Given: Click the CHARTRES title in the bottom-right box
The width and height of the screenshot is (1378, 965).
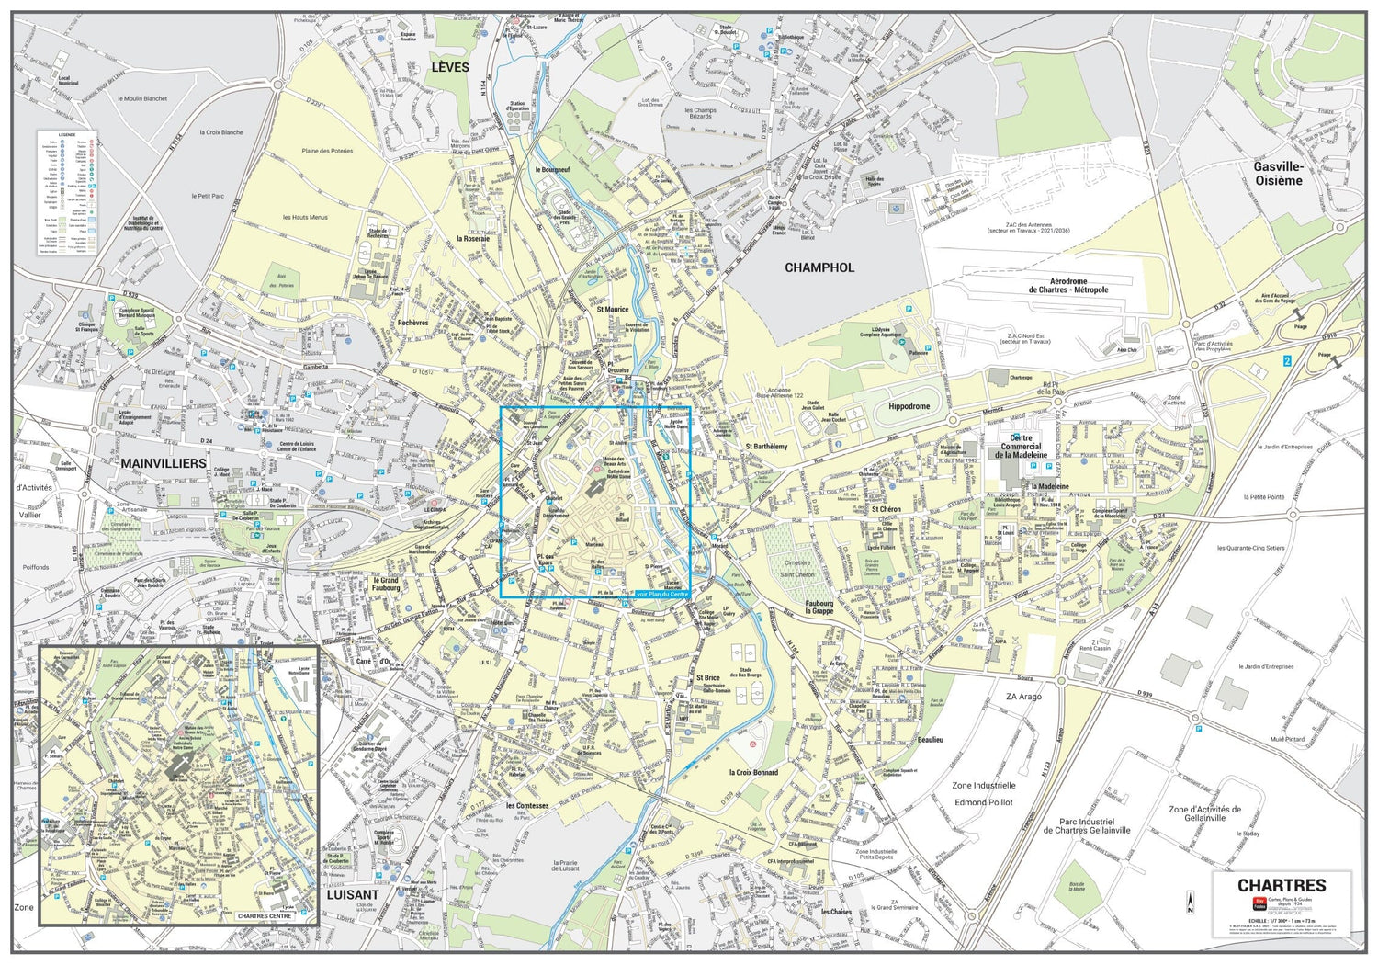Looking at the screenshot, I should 1282,886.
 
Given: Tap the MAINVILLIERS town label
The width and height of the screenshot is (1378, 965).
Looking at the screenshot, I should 164,463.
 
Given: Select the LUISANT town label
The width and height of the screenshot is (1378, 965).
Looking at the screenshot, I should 353,894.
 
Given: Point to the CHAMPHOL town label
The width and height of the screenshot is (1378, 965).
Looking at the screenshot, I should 819,267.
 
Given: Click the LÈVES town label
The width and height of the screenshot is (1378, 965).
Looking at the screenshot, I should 450,67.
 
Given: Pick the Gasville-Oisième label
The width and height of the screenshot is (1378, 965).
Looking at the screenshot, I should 1278,174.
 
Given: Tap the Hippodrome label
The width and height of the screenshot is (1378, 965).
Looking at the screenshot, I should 909,406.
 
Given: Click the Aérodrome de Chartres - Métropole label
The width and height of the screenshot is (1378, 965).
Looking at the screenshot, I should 1067,286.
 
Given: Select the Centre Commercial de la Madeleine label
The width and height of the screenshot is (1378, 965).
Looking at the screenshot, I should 1020,447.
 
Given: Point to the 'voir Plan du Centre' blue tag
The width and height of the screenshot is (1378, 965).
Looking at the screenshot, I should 661,594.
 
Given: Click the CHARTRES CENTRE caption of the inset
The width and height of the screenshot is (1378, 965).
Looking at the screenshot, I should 264,916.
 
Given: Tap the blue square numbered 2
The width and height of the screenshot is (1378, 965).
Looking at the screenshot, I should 1287,361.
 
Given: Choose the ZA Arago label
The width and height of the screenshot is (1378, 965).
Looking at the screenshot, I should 1023,697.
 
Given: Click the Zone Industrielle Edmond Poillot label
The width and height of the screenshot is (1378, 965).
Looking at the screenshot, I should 983,794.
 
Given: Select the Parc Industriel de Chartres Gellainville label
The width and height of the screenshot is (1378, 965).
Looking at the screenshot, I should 1087,826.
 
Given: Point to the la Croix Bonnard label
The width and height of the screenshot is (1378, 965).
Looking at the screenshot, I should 753,773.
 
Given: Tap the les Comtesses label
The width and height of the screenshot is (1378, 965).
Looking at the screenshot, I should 527,806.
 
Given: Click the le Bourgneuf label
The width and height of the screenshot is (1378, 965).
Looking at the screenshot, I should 552,170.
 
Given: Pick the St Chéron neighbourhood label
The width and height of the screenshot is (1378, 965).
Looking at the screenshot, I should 886,509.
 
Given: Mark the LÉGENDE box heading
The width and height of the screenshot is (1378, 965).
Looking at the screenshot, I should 67,135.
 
